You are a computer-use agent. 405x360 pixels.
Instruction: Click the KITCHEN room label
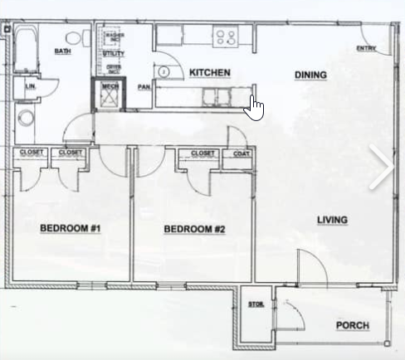click(x=209, y=73)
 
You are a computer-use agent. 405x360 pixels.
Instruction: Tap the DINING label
click(x=310, y=75)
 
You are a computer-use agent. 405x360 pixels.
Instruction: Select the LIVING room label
click(x=332, y=220)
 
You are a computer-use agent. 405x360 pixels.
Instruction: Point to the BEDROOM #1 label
click(x=70, y=228)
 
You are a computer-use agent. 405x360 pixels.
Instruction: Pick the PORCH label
click(x=353, y=325)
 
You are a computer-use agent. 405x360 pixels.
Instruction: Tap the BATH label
click(x=62, y=51)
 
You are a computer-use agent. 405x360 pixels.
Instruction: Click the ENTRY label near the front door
click(x=366, y=48)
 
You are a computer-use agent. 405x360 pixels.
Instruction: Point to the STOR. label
click(x=256, y=305)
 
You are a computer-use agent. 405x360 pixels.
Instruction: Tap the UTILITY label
click(x=114, y=53)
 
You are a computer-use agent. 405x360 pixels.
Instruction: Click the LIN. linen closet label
click(x=31, y=86)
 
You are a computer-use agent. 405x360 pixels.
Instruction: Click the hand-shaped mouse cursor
click(x=255, y=108)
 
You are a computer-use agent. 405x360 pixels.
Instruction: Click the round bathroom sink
click(x=27, y=118)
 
